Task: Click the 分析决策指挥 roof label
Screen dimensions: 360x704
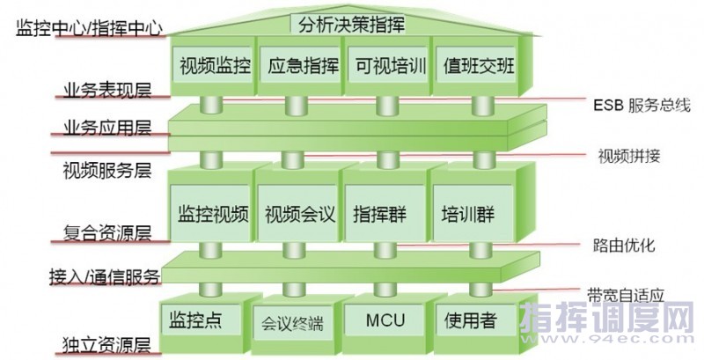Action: tap(351, 24)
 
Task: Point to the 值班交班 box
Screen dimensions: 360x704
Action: tap(474, 66)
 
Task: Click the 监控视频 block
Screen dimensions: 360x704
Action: tap(213, 214)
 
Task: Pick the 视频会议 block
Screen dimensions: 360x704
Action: tap(297, 214)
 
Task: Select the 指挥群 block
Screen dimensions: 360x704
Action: tap(380, 214)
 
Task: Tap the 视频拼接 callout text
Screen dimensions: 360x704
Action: tap(627, 157)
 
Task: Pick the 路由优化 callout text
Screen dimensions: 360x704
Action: tap(627, 244)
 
